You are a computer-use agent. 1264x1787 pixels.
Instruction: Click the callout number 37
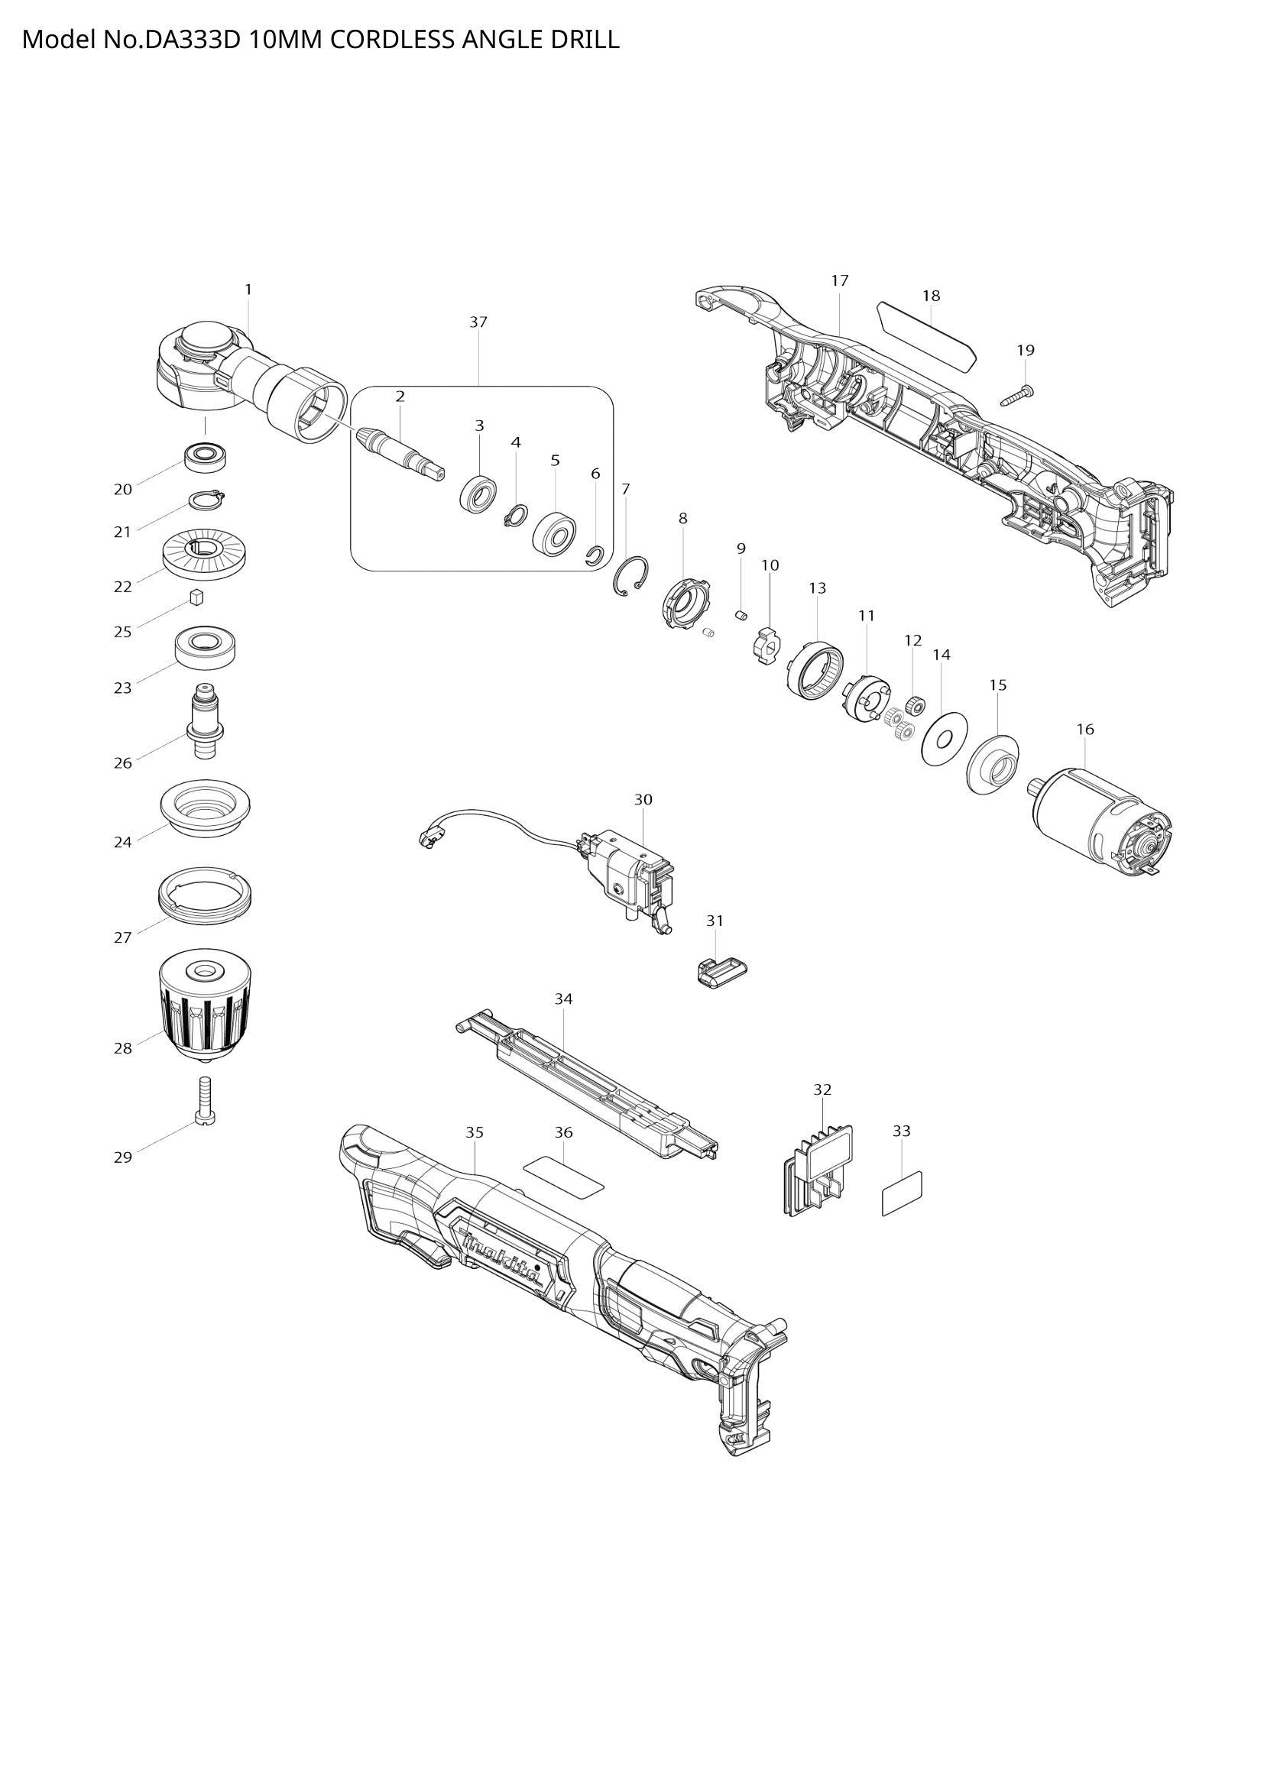click(x=478, y=322)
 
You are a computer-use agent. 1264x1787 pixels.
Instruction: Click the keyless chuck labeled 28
click(x=205, y=1012)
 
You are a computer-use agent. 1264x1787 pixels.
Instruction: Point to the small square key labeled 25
click(x=197, y=597)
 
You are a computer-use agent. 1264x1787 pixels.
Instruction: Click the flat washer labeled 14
click(x=944, y=738)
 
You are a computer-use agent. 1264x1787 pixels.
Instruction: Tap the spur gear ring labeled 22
click(x=205, y=551)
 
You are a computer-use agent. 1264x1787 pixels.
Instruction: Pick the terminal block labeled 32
click(x=816, y=1170)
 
